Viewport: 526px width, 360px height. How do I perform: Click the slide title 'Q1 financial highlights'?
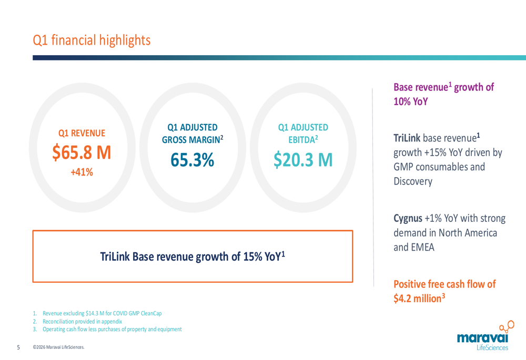(92, 40)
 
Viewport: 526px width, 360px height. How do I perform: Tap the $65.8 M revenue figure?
(82, 152)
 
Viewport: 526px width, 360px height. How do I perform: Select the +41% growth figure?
(82, 172)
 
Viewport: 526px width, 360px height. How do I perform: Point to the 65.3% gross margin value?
(192, 160)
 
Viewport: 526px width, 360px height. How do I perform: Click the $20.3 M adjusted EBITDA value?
(303, 160)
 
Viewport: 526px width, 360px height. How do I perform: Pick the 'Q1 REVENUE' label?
(82, 133)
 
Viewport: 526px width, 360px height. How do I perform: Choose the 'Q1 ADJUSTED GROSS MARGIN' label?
(193, 133)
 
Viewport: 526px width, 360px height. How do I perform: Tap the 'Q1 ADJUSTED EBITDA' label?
(303, 133)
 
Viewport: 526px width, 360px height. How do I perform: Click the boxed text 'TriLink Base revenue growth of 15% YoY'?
(193, 257)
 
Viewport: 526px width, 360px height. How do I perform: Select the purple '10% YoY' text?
(411, 101)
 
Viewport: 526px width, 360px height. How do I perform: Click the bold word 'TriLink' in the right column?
(407, 138)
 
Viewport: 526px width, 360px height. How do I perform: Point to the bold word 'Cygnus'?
(408, 219)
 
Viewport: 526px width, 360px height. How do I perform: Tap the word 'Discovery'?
(413, 181)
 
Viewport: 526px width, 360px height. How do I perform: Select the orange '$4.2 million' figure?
(417, 299)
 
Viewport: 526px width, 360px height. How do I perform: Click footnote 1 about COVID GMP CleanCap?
(97, 313)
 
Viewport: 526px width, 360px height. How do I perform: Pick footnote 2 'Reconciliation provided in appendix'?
(77, 322)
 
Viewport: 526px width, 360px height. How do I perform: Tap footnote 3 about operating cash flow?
(107, 329)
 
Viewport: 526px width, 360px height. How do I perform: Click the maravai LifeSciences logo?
(485, 336)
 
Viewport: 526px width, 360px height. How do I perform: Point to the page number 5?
(18, 347)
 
